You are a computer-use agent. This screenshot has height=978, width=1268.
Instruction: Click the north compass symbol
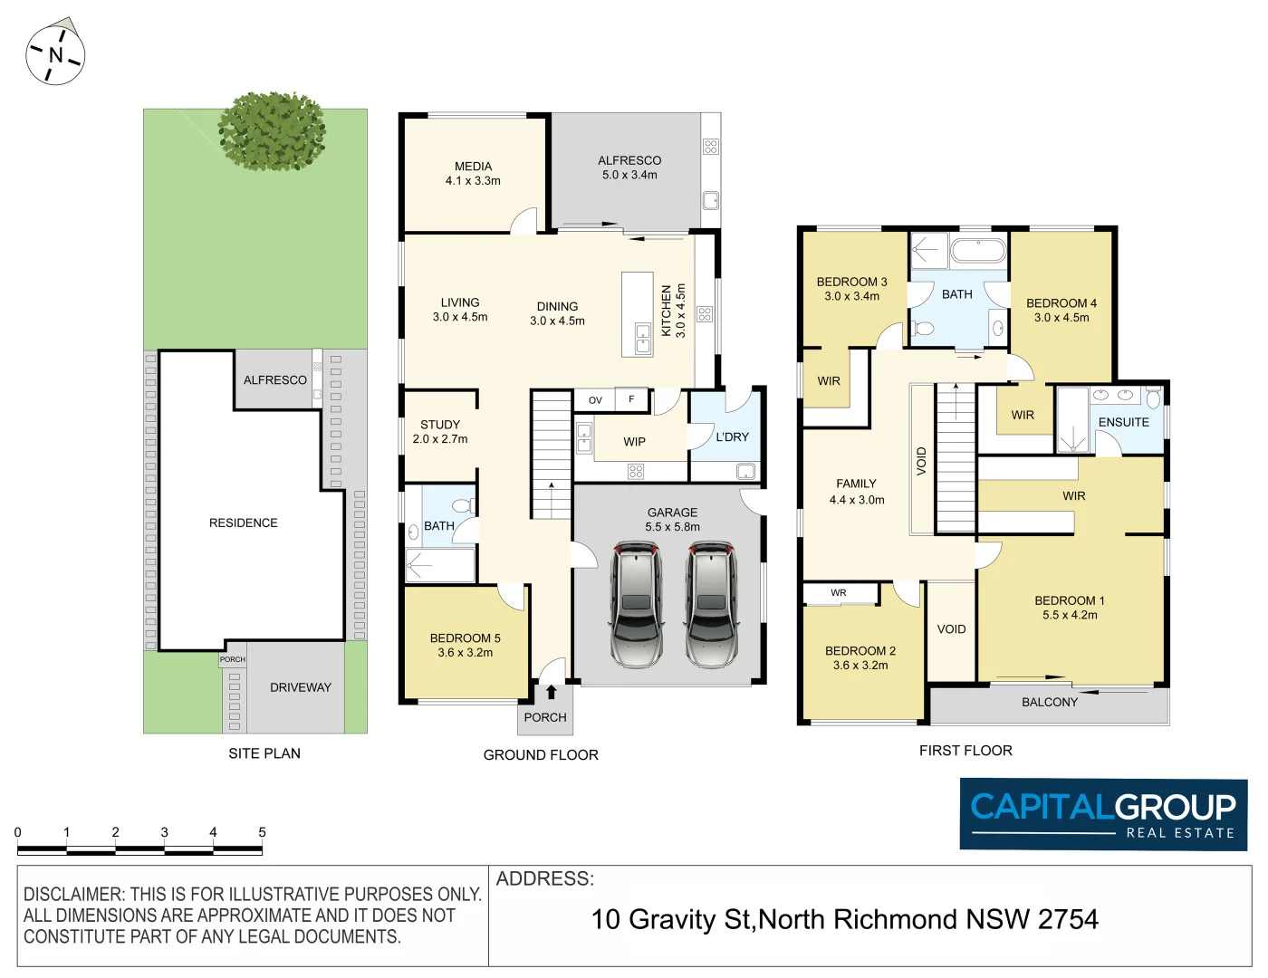(55, 54)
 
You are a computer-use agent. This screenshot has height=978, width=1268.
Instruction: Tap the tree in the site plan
(272, 131)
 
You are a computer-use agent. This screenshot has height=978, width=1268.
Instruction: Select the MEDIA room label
(473, 167)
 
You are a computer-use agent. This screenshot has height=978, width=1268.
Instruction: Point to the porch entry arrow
(551, 693)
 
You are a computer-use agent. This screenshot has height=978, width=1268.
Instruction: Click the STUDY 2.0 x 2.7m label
(440, 431)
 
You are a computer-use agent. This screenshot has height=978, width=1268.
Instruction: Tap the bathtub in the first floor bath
(978, 250)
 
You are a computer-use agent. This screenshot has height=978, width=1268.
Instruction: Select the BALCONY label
(1050, 702)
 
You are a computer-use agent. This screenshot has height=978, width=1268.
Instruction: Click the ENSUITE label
(1123, 422)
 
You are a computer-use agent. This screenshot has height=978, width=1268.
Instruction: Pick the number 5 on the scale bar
(262, 832)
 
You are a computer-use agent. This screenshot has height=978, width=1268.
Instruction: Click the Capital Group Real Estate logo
(1103, 814)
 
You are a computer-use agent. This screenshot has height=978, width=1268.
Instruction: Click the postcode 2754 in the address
(1068, 919)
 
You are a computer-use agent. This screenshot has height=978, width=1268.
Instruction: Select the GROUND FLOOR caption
(541, 754)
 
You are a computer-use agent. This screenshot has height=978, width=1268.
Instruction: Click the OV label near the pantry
(595, 399)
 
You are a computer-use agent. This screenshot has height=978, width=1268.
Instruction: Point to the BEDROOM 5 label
(465, 638)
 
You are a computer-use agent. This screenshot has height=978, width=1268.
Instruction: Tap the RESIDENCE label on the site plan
(243, 523)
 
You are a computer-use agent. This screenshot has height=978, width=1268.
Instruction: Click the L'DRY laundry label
(732, 436)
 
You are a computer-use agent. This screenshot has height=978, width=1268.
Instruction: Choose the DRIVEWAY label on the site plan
(301, 687)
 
